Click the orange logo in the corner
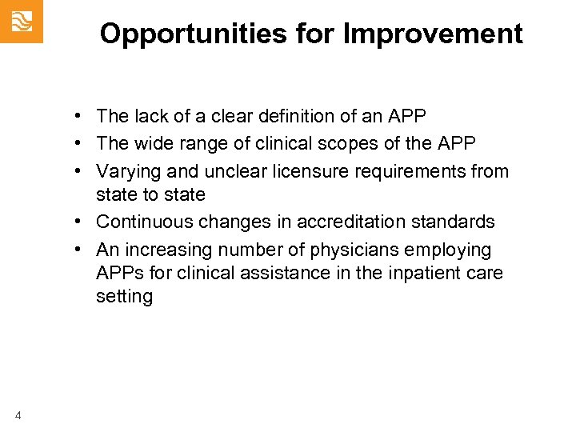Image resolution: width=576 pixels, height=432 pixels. tap(21, 21)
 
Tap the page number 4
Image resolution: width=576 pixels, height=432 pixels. tap(18, 414)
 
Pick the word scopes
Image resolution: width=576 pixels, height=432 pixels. tap(362, 143)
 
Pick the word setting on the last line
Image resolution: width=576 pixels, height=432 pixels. tap(124, 297)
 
